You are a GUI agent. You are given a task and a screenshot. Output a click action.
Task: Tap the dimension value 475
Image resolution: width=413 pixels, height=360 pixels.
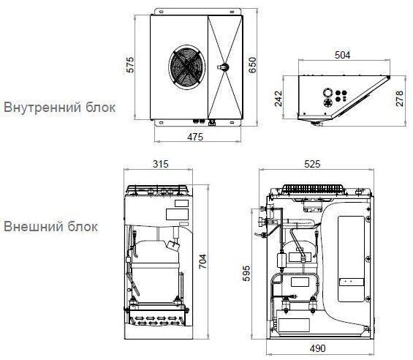[195, 136]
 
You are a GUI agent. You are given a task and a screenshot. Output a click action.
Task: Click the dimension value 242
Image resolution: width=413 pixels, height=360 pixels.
[279, 100]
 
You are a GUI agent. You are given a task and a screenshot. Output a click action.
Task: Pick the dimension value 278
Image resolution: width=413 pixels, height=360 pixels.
[400, 100]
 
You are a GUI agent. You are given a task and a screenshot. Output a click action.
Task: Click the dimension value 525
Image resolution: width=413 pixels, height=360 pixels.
[312, 165]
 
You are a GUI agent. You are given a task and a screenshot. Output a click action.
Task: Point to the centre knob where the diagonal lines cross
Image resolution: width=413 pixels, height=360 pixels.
[224, 67]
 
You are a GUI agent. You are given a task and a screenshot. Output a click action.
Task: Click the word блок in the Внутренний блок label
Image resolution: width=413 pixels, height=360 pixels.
[100, 108]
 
